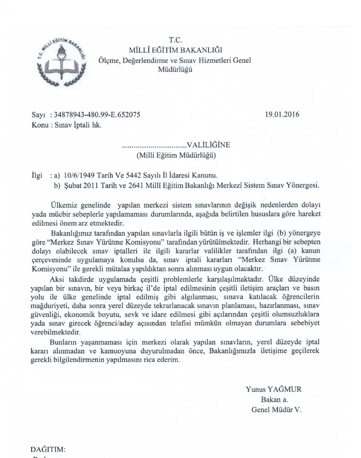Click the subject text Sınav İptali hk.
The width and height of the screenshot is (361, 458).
pyautogui.click(x=78, y=124)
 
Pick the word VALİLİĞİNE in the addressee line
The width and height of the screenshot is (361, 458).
pyautogui.click(x=208, y=145)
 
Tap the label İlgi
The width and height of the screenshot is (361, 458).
pyautogui.click(x=37, y=176)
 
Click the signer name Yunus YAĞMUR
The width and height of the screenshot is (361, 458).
pyautogui.click(x=273, y=389)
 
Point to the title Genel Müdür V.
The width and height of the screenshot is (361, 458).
pyautogui.click(x=276, y=409)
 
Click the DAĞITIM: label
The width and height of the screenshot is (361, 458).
pyautogui.click(x=48, y=450)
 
